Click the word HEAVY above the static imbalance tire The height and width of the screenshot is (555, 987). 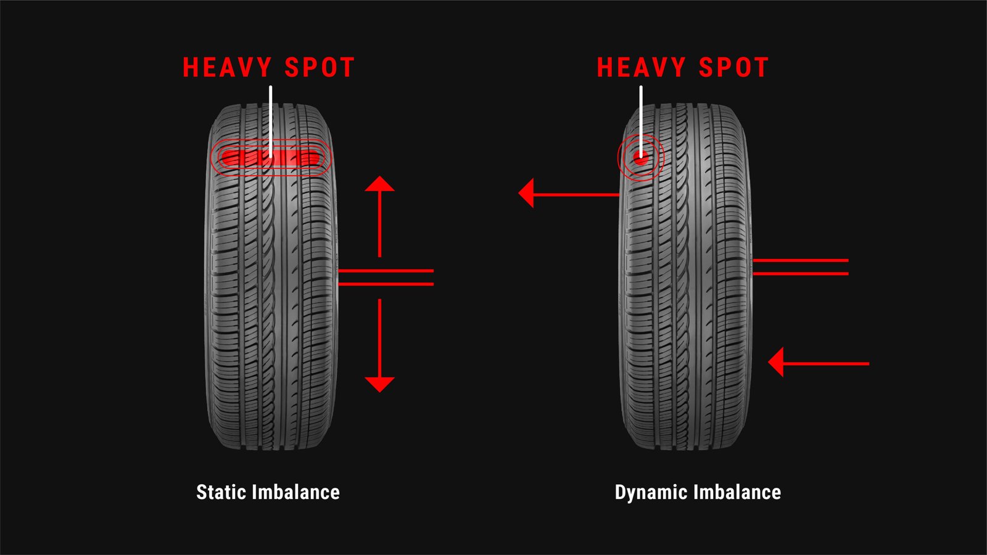click(226, 68)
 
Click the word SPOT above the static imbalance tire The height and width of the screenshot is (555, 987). click(320, 68)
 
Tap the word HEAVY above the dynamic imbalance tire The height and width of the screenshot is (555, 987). click(641, 68)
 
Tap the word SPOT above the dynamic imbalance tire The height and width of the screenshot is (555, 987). click(733, 68)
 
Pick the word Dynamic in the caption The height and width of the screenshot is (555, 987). click(651, 492)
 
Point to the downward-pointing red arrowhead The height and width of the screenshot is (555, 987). click(379, 384)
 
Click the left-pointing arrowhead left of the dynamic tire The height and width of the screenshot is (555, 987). click(527, 194)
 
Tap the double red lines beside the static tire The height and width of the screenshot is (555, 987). click(386, 277)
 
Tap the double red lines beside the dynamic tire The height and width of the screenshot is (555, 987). click(800, 267)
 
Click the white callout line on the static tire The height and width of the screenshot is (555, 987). click(270, 117)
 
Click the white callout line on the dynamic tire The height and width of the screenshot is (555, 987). click(641, 117)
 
